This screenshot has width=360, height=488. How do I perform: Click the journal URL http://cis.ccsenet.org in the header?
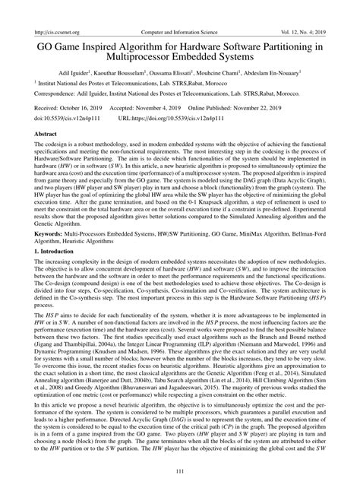coord(49,8)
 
